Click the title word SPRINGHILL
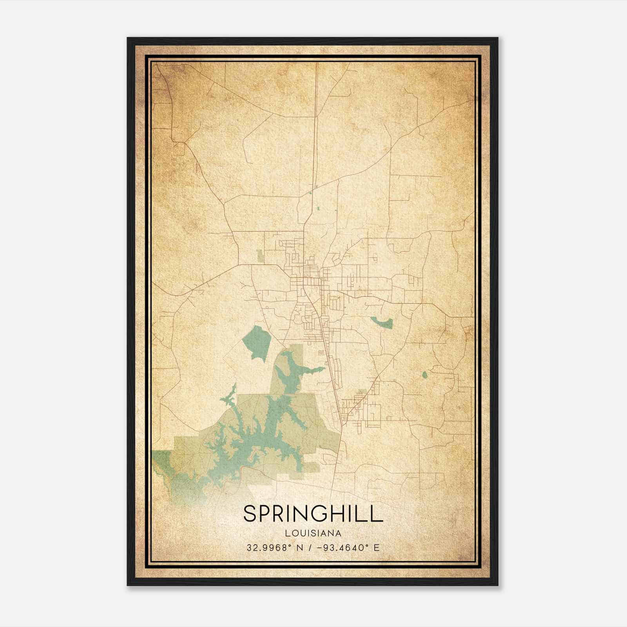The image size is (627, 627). (313, 514)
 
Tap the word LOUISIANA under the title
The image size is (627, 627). (313, 533)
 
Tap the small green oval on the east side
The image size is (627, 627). (425, 375)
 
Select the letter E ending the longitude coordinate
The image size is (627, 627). (376, 547)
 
